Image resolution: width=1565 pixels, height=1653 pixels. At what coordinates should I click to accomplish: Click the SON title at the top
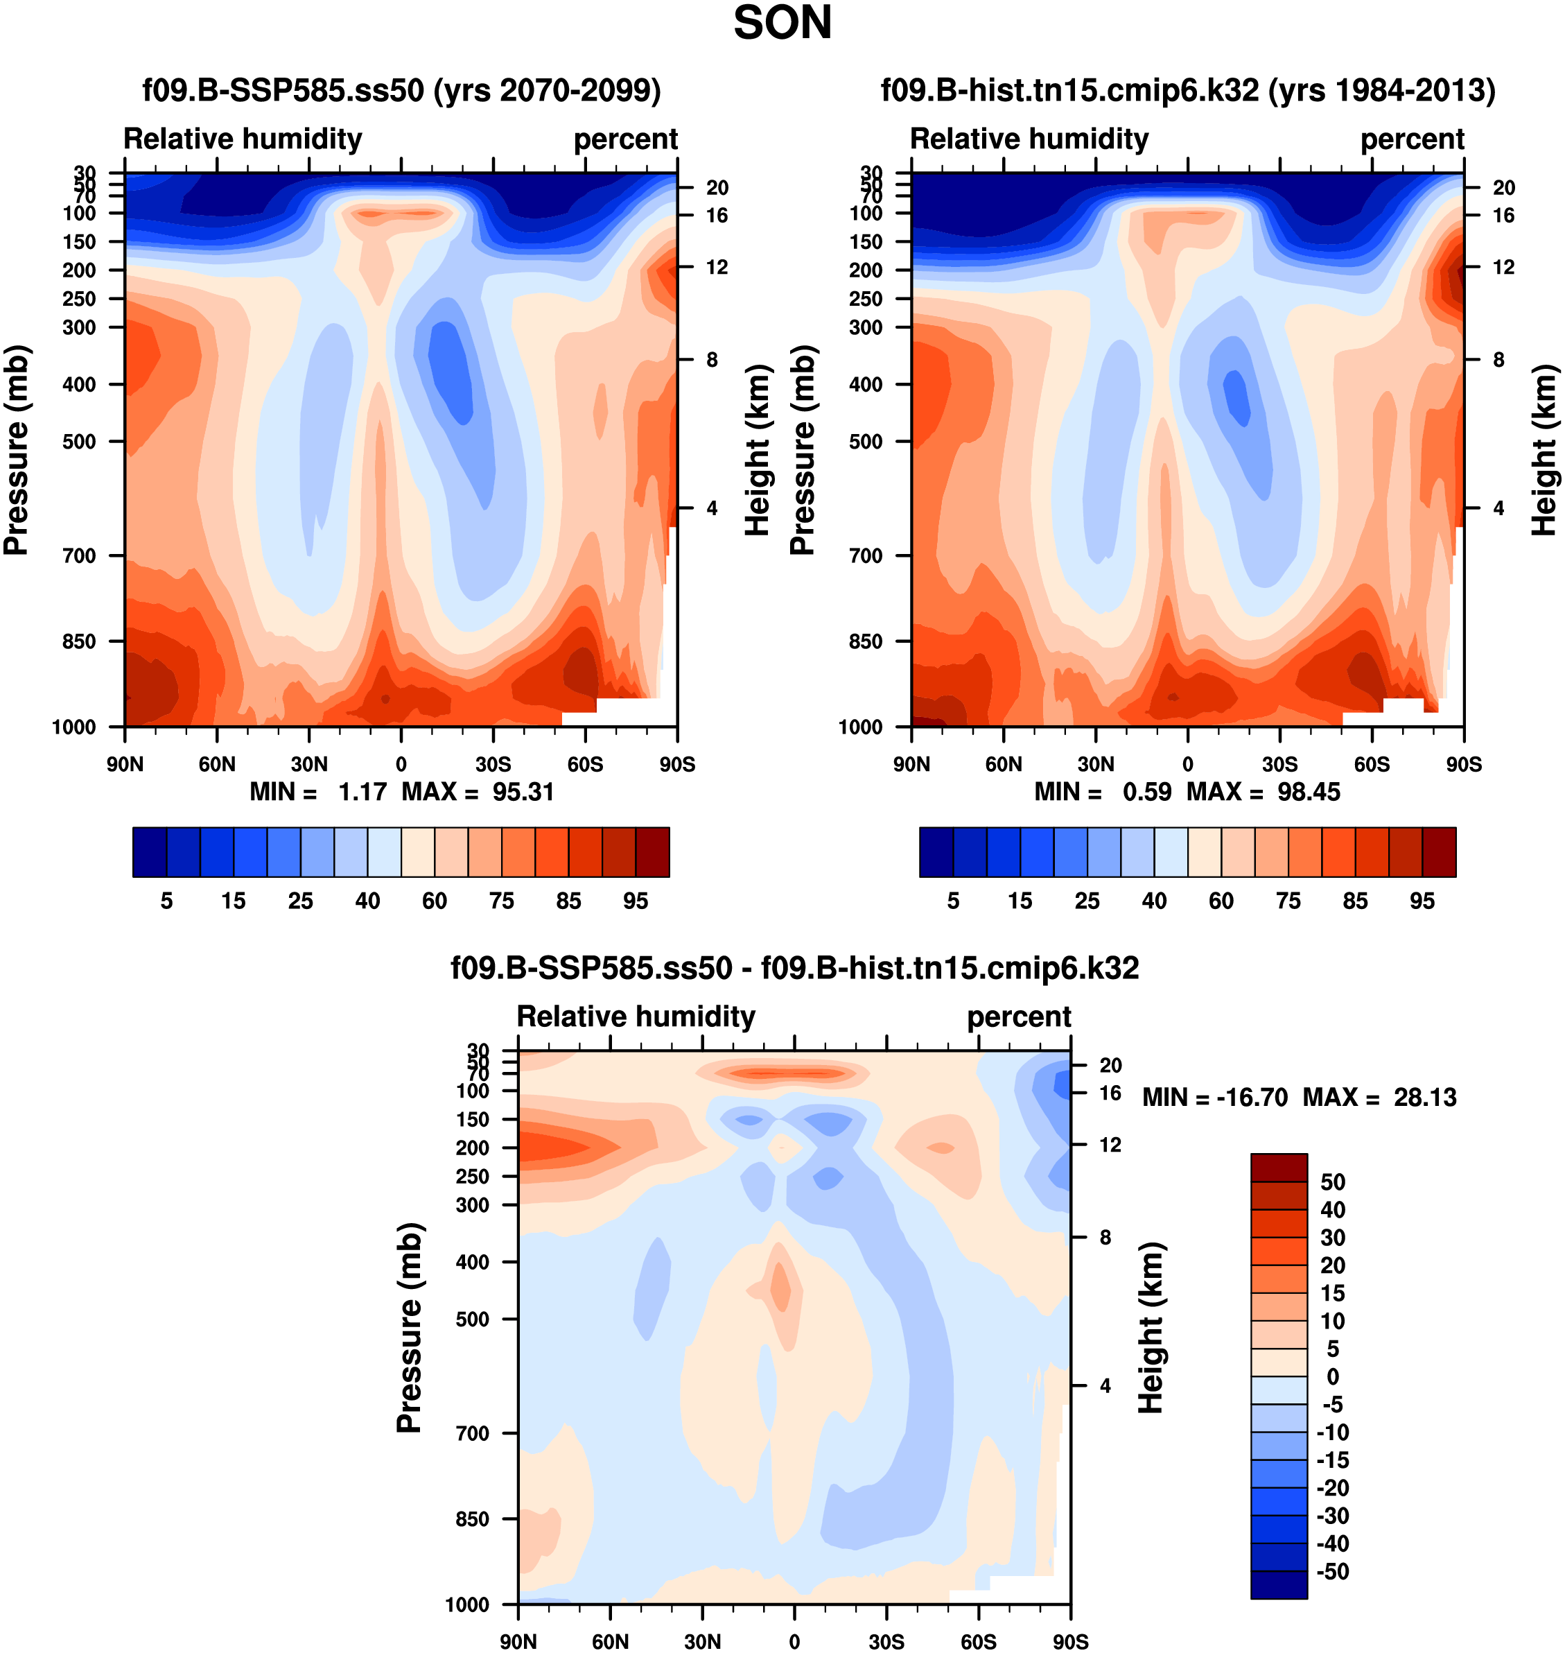[x=782, y=24]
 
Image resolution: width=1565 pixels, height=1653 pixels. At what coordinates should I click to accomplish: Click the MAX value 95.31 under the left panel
[x=523, y=791]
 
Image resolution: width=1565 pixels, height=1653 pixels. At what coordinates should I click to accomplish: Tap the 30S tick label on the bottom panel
[x=886, y=1641]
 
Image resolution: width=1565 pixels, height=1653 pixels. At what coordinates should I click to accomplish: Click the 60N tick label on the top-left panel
[x=217, y=763]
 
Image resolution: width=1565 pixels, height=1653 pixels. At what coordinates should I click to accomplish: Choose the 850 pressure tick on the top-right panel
[x=865, y=641]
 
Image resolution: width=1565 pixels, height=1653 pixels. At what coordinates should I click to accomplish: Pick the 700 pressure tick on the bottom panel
[x=472, y=1433]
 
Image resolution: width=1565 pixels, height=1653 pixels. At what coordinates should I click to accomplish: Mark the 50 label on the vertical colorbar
[x=1332, y=1182]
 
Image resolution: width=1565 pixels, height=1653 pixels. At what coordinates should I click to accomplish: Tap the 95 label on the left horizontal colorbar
[x=635, y=901]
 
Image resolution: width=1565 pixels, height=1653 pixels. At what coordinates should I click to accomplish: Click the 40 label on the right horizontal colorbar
[x=1154, y=901]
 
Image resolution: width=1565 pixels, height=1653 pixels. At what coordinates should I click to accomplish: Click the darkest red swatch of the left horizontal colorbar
[x=652, y=852]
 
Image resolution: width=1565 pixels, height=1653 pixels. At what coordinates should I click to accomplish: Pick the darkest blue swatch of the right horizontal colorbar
[x=936, y=852]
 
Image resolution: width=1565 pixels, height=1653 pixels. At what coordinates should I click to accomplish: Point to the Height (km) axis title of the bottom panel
[x=1151, y=1326]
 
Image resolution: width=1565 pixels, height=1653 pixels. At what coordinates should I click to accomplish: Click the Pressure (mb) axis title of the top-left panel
[x=16, y=450]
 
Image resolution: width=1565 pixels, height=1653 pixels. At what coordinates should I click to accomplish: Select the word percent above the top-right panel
[x=1412, y=139]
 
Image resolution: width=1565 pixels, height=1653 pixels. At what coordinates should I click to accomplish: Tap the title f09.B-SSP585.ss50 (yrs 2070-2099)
[x=401, y=89]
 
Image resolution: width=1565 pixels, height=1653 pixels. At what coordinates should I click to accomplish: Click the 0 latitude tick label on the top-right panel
[x=1187, y=763]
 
